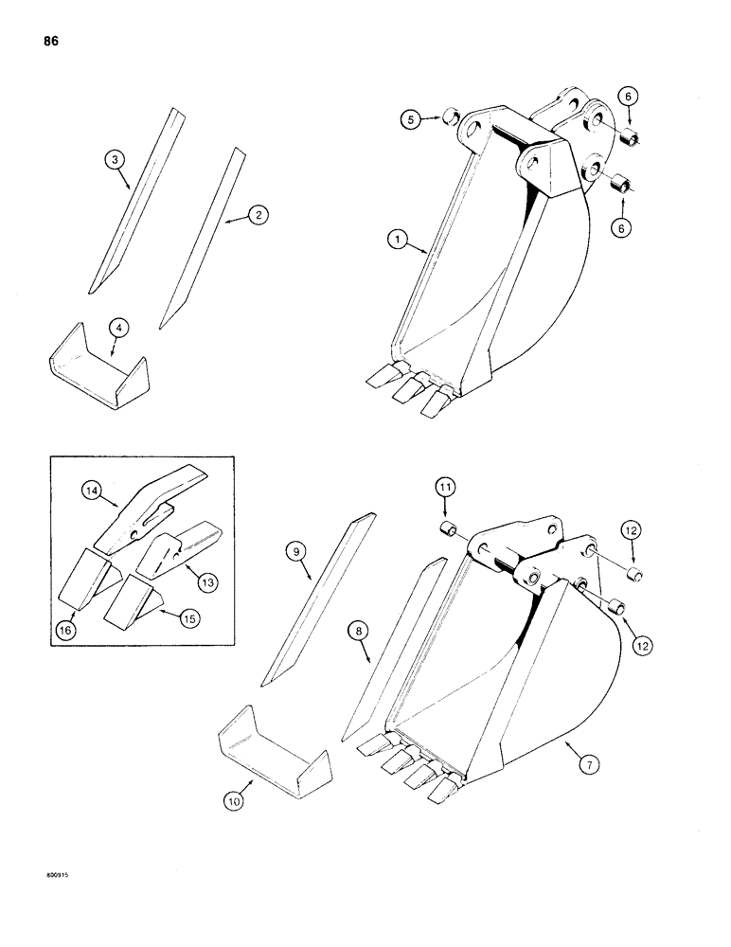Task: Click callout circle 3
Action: pyautogui.click(x=116, y=160)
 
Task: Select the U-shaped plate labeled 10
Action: pyautogui.click(x=270, y=747)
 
